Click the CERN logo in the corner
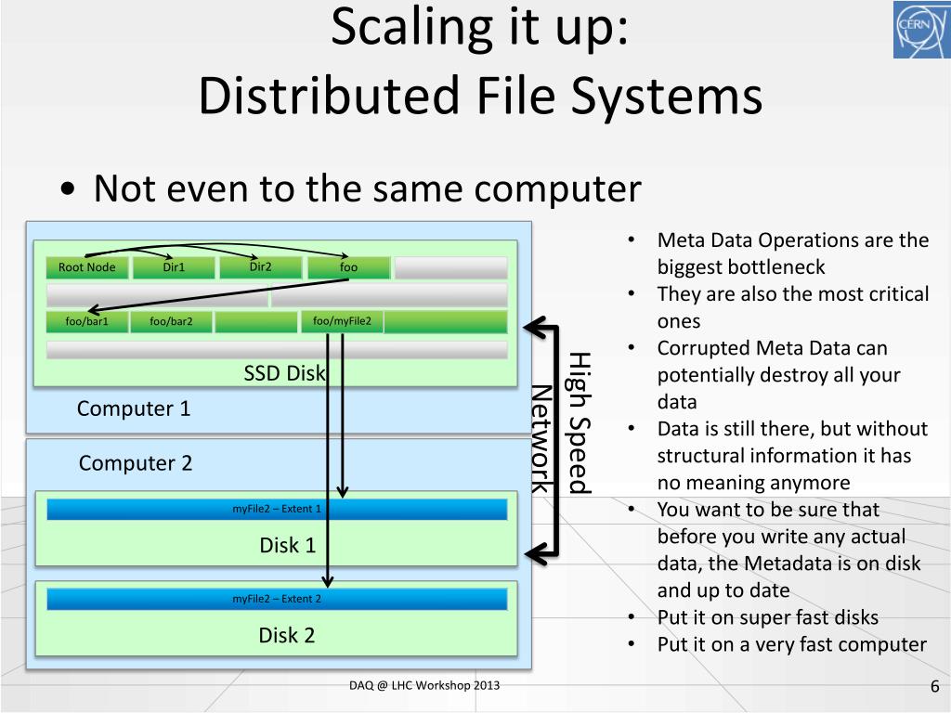[921, 30]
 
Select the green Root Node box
[87, 267]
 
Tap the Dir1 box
[174, 267]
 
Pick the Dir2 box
[260, 267]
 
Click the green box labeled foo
[348, 267]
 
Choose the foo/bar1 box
[87, 322]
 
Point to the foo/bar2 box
[172, 322]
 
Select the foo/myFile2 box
[342, 321]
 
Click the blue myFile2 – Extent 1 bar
[277, 509]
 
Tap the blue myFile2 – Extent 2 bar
[277, 599]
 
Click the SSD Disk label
[285, 373]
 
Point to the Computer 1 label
[134, 408]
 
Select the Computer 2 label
[136, 463]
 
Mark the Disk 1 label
[287, 545]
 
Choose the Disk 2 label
[286, 636]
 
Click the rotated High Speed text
[579, 422]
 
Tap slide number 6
[934, 687]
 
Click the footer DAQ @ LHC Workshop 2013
[424, 685]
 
